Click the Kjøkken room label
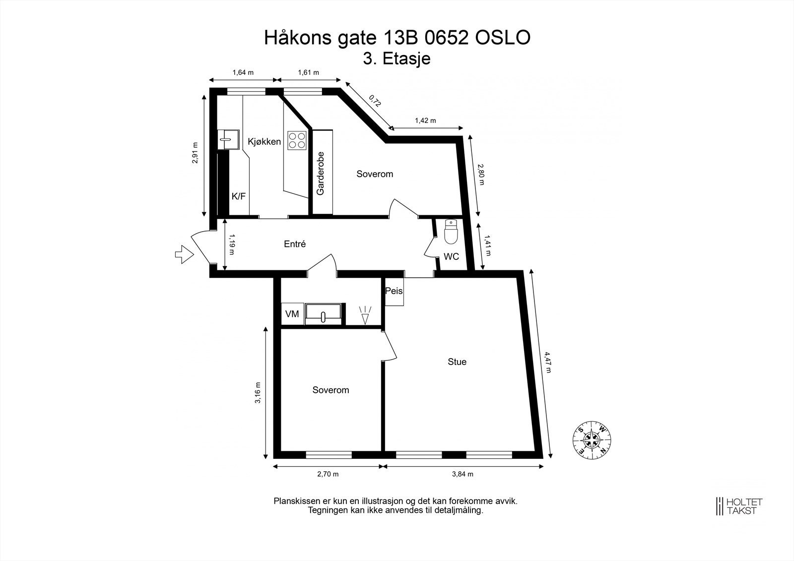tap(264, 142)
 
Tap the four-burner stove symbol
tap(297, 140)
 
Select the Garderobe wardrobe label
tap(321, 173)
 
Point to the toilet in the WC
tap(450, 233)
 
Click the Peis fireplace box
tap(394, 291)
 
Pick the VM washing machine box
tap(292, 314)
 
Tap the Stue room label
tap(457, 362)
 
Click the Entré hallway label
tap(295, 244)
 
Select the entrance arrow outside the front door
tap(184, 254)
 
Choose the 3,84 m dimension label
tap(463, 474)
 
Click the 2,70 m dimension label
tap(328, 474)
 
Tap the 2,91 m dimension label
tap(196, 153)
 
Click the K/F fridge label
tap(238, 196)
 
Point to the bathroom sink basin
tap(323, 313)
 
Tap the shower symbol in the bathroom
tap(365, 315)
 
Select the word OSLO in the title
tap(503, 38)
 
